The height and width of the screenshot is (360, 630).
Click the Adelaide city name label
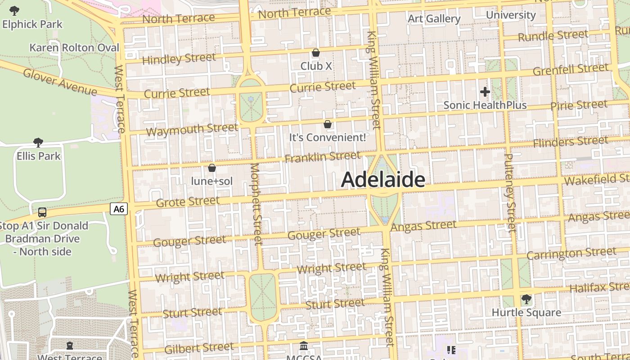[383, 180]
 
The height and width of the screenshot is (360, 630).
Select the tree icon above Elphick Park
[14, 10]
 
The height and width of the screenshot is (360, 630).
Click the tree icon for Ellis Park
[38, 143]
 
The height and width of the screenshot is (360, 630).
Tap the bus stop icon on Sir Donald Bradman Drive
[42, 212]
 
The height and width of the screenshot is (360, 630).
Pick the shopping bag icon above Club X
[316, 53]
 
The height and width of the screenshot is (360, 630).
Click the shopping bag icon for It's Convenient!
[328, 124]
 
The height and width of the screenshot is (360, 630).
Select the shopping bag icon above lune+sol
[211, 168]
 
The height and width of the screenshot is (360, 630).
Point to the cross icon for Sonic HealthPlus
[485, 92]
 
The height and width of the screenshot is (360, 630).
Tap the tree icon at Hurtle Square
[526, 299]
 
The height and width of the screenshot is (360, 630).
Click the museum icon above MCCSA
[304, 346]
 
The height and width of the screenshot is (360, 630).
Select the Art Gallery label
[434, 18]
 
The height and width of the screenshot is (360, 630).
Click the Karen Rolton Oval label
[74, 48]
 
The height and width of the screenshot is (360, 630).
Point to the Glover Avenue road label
[59, 82]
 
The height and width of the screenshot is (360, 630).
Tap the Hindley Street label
[179, 59]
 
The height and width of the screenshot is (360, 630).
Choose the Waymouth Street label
[192, 130]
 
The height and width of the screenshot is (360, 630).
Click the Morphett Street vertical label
[256, 203]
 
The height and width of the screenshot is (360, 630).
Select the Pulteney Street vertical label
[510, 193]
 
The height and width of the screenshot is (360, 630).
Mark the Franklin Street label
[322, 157]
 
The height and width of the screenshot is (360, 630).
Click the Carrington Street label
[571, 253]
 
